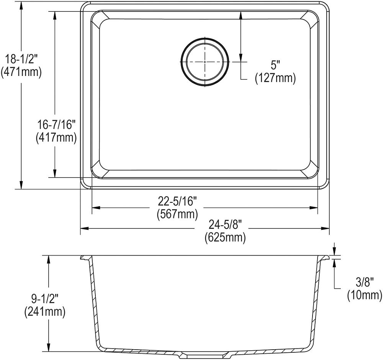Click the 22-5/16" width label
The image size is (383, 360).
[x=177, y=201]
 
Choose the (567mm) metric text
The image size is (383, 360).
[x=177, y=214]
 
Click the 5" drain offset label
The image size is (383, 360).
[x=275, y=65]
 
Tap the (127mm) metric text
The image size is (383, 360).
[x=275, y=78]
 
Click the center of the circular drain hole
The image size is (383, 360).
[x=205, y=61]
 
